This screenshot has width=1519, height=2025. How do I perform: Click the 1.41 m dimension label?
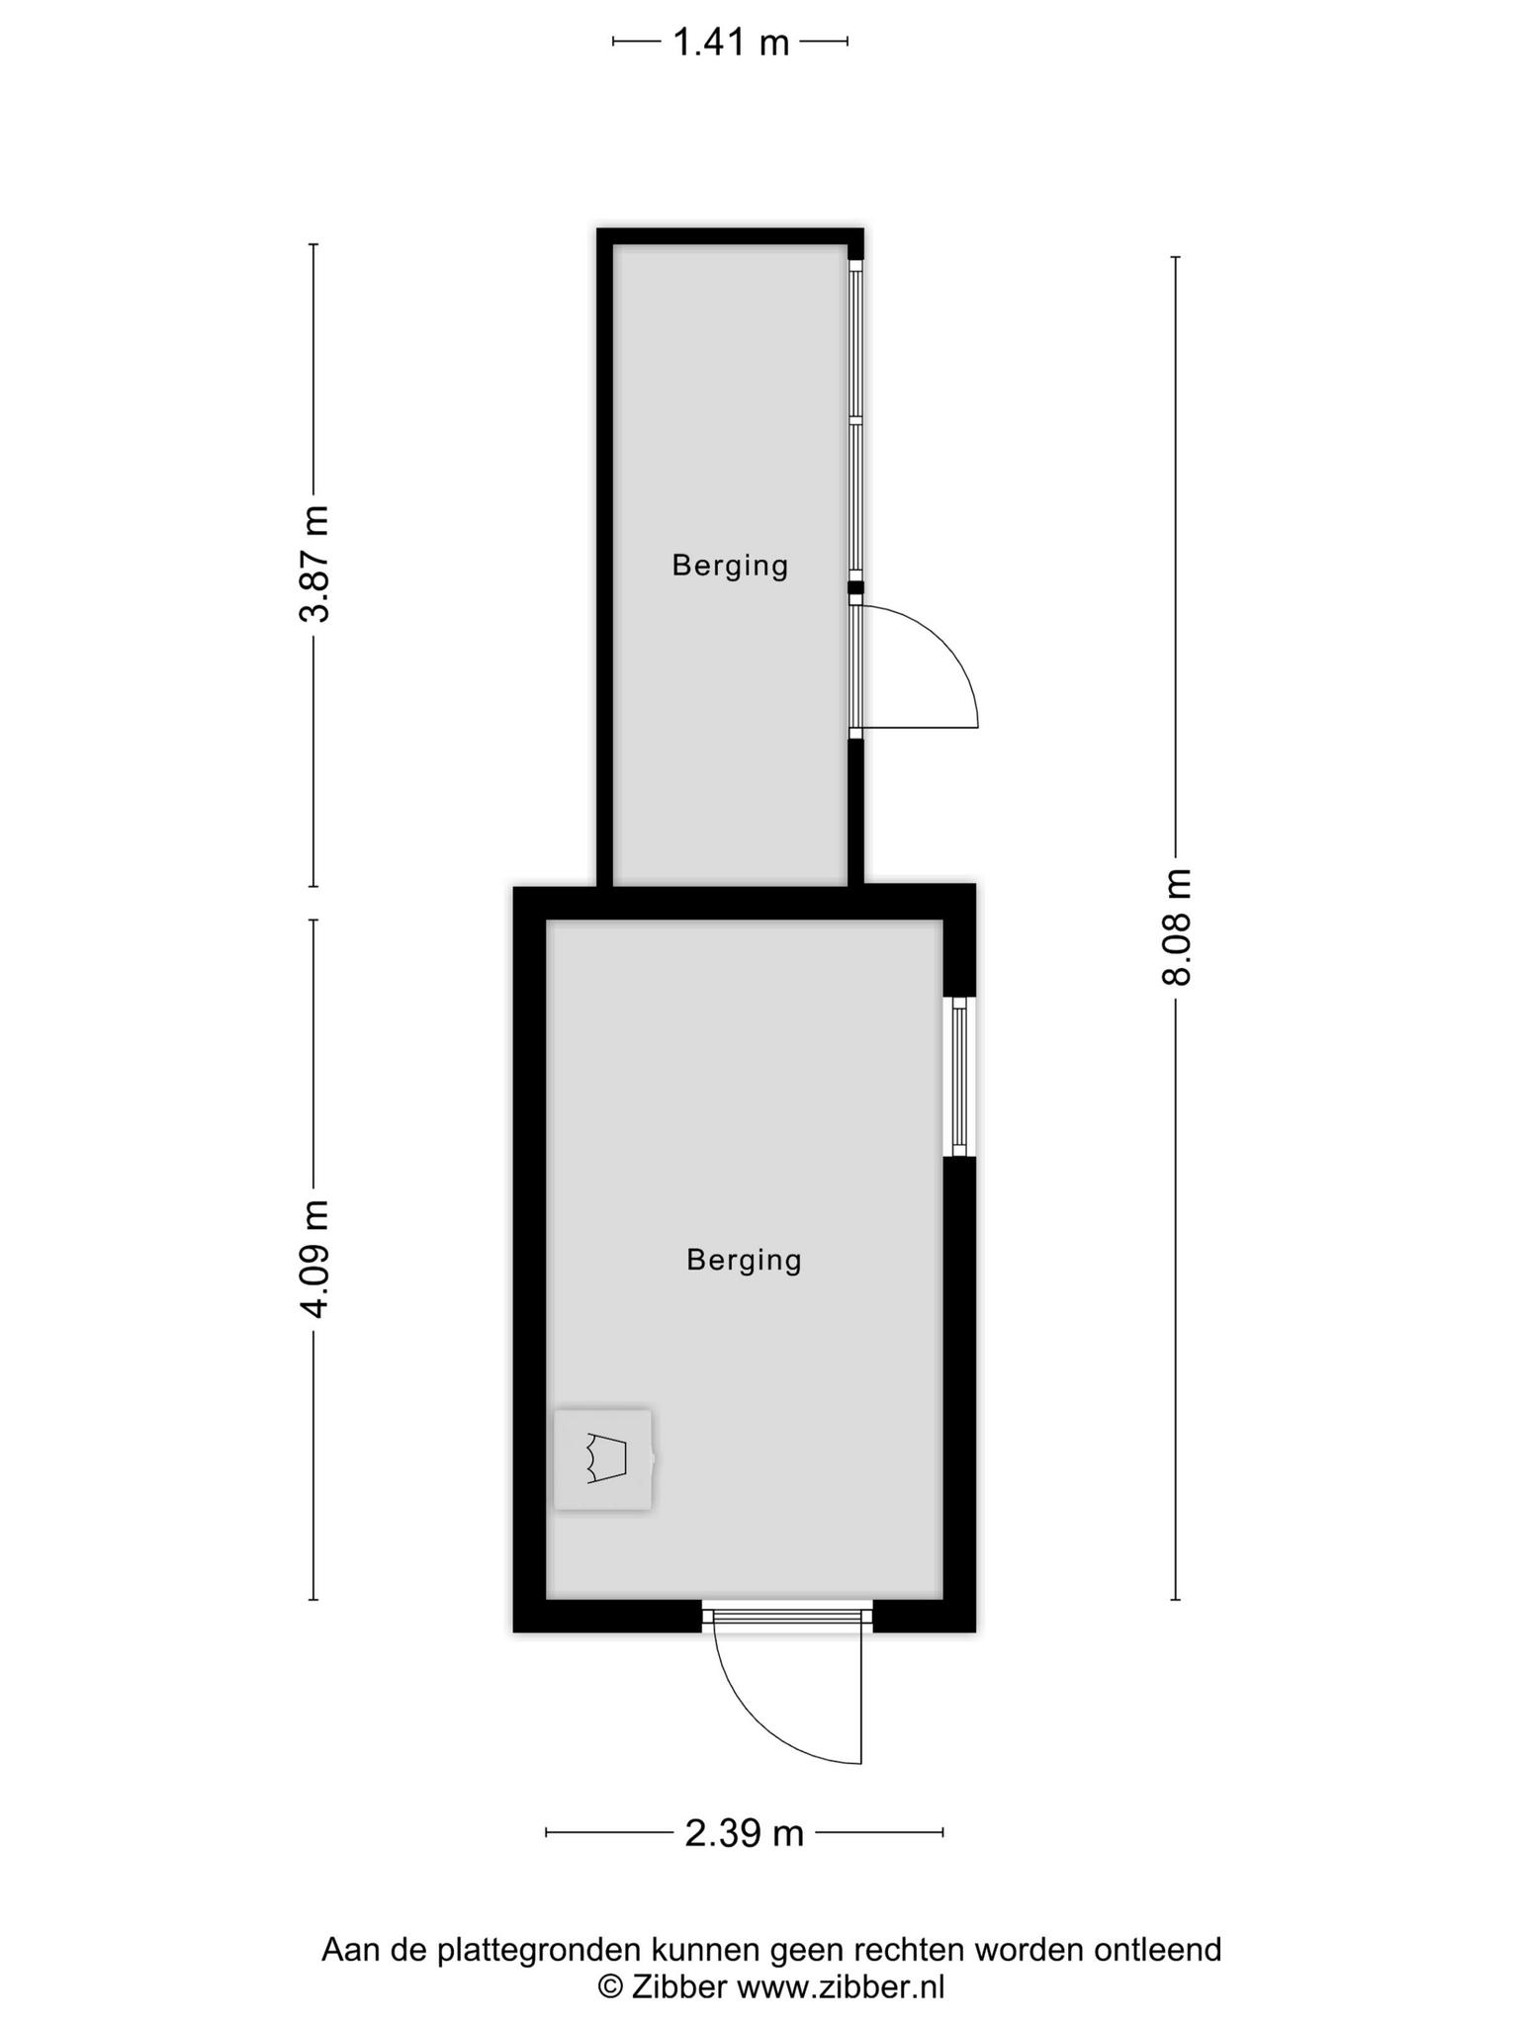[x=731, y=43]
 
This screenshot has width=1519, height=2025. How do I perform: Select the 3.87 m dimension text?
[x=314, y=564]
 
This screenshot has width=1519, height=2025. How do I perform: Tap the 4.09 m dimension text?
[x=314, y=1259]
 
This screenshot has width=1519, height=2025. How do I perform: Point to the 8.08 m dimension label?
[x=1177, y=927]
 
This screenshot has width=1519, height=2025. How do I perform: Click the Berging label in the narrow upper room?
[x=731, y=566]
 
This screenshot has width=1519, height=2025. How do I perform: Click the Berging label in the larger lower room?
[x=745, y=1260]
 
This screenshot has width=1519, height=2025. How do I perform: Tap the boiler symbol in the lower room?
[x=603, y=1459]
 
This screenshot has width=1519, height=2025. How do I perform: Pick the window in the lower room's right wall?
[x=959, y=1076]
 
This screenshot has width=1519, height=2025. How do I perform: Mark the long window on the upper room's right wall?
[x=856, y=420]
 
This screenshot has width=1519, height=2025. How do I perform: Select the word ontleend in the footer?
[x=1158, y=1949]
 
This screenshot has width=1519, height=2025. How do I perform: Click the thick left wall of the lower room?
[x=530, y=1258]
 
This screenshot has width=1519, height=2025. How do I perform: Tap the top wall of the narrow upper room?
[x=731, y=236]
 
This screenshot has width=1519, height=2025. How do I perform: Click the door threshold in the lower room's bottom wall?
[x=787, y=1616]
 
